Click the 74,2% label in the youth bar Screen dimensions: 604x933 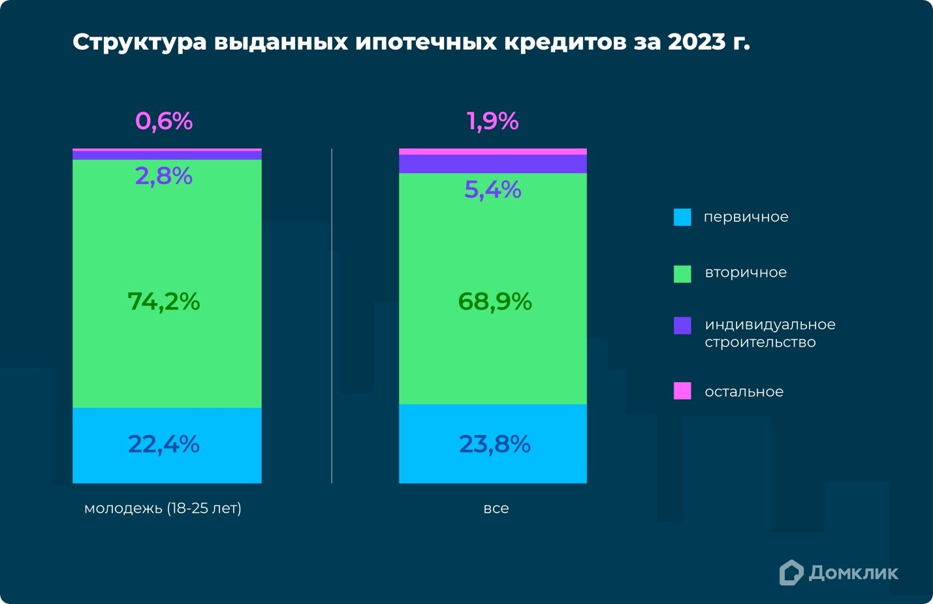[x=164, y=302]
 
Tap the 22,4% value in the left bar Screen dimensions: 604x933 [x=164, y=444]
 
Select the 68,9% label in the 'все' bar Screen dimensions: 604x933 [x=495, y=302]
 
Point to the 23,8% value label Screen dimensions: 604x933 [x=495, y=444]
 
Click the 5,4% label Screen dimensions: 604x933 [x=493, y=190]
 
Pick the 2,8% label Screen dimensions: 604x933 [x=164, y=176]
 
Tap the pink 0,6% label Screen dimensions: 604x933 [x=164, y=121]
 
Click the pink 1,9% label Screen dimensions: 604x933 [x=493, y=121]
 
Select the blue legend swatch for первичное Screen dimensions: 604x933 [x=682, y=217]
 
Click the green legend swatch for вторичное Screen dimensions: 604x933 [x=682, y=274]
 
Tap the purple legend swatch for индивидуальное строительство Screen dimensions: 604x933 [x=682, y=326]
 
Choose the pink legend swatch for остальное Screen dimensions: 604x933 [x=682, y=391]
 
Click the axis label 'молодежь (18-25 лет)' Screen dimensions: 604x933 [x=163, y=508]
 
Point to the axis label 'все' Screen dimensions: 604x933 [x=496, y=509]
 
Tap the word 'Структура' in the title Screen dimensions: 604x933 [x=140, y=42]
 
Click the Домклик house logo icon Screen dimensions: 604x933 [x=791, y=573]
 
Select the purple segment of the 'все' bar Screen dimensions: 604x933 [x=493, y=164]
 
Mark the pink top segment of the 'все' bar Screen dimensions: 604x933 [x=493, y=151]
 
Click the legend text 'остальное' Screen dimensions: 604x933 [x=744, y=392]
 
